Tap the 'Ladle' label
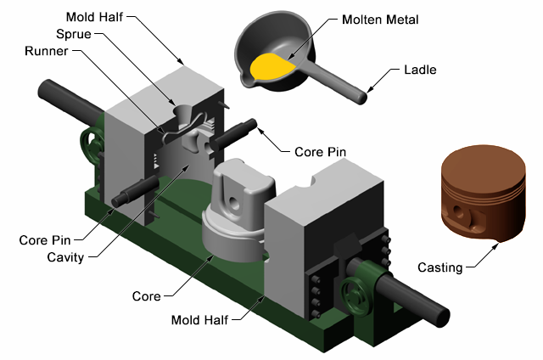420,70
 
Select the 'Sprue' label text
73,35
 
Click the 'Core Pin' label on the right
319,152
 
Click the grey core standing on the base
242,204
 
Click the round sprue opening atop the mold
184,111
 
